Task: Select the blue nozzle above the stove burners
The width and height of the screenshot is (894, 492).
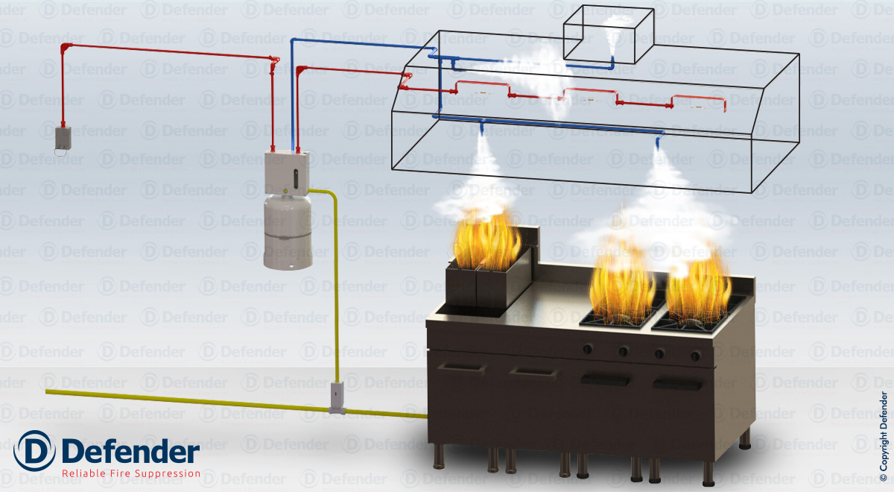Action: click(x=659, y=139)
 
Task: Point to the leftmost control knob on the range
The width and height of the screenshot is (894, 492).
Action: click(x=588, y=349)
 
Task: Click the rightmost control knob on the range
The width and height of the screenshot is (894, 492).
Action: click(x=695, y=356)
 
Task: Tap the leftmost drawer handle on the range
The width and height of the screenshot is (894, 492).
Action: click(x=464, y=366)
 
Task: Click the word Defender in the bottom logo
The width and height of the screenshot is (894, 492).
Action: click(x=130, y=451)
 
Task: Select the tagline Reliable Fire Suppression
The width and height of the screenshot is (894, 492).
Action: click(x=130, y=473)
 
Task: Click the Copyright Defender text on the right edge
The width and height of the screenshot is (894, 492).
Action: click(x=884, y=433)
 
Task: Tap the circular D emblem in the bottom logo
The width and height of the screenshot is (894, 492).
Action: click(x=34, y=451)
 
